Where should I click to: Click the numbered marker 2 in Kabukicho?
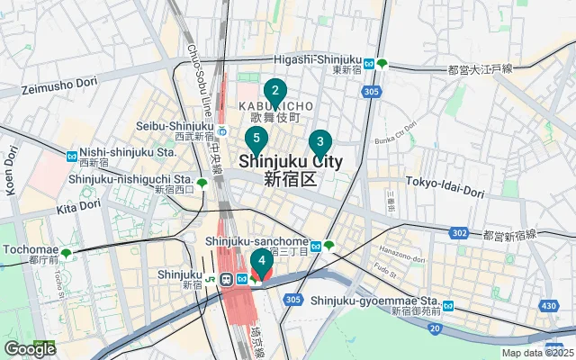click(x=274, y=91)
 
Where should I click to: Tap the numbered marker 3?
click(x=319, y=142)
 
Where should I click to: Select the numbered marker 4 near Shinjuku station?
click(x=261, y=262)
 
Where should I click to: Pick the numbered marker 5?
click(x=256, y=139)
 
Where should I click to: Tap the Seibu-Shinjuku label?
click(x=174, y=127)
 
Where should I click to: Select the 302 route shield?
click(x=460, y=233)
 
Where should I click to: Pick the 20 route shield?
click(x=435, y=328)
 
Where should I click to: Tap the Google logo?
click(x=30, y=348)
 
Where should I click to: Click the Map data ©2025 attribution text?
click(x=537, y=353)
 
